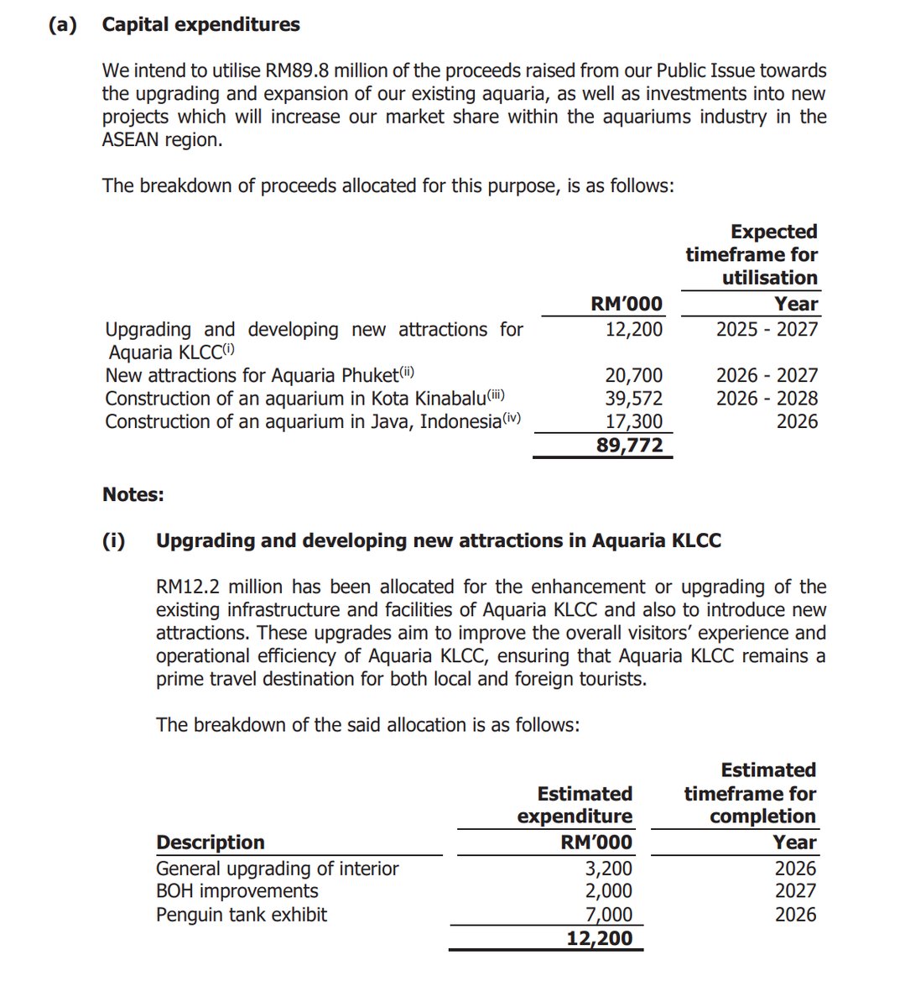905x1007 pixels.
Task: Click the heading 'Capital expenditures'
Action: tap(200, 24)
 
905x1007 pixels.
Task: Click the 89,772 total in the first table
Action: tap(629, 445)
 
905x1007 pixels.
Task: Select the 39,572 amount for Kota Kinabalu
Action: tap(634, 399)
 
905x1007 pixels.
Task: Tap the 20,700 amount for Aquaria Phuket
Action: tap(634, 375)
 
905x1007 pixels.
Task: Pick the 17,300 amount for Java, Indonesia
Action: tap(634, 421)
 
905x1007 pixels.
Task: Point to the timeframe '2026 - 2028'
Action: tap(767, 399)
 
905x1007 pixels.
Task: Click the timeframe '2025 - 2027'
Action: tap(767, 329)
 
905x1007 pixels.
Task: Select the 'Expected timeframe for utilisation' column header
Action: tap(752, 254)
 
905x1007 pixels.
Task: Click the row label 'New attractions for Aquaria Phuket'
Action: tap(259, 375)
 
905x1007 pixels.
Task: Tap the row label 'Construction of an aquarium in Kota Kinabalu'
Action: tap(304, 399)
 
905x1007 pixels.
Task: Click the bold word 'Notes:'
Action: tap(133, 494)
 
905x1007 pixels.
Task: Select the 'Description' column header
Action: tap(211, 842)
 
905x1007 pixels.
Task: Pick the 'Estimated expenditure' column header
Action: tap(575, 805)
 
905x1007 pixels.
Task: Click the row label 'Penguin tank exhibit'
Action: tap(242, 914)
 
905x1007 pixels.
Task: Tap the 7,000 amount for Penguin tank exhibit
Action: tap(609, 915)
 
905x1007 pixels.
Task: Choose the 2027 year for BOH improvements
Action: tap(795, 891)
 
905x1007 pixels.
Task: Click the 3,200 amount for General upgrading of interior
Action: tap(609, 869)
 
